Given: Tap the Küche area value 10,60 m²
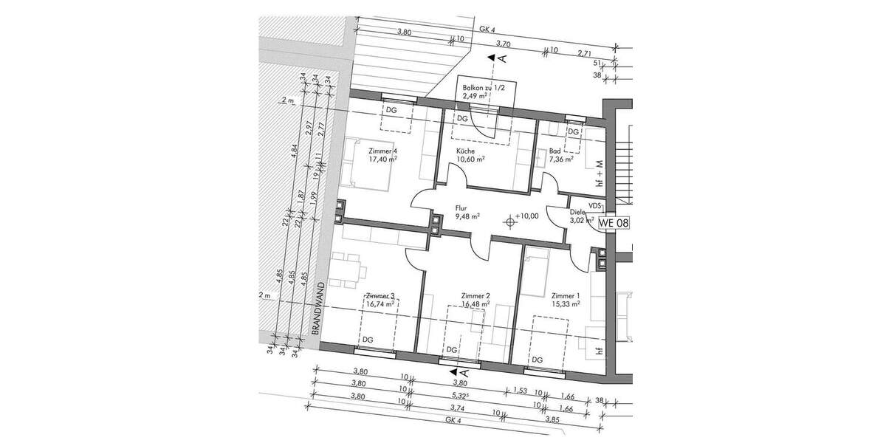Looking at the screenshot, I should (x=470, y=159).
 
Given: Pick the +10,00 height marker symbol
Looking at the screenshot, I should (x=511, y=219).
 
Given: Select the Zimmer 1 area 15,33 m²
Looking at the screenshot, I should (x=565, y=303).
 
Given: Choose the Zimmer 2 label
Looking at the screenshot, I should (x=475, y=294).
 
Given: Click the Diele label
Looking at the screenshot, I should (x=577, y=212).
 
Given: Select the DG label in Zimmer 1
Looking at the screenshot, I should (x=538, y=360).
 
